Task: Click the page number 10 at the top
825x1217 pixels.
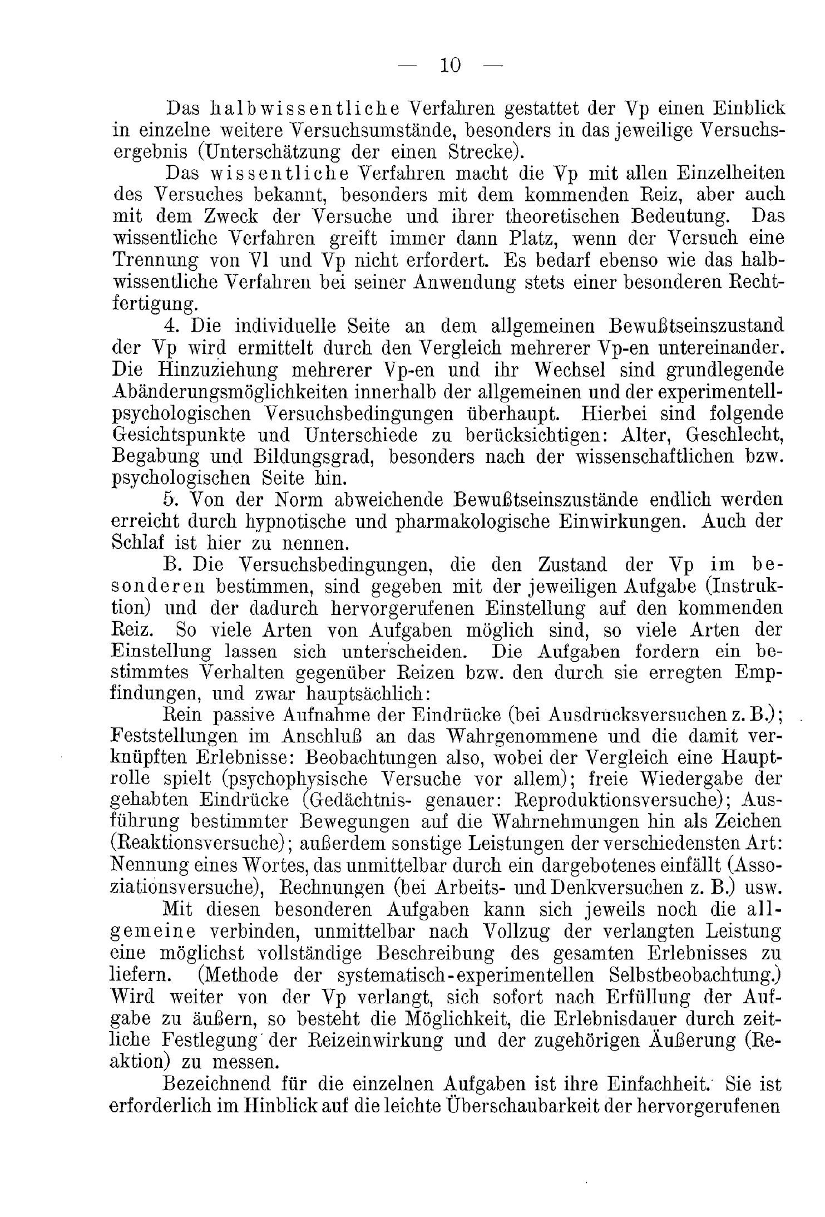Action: pos(450,66)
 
